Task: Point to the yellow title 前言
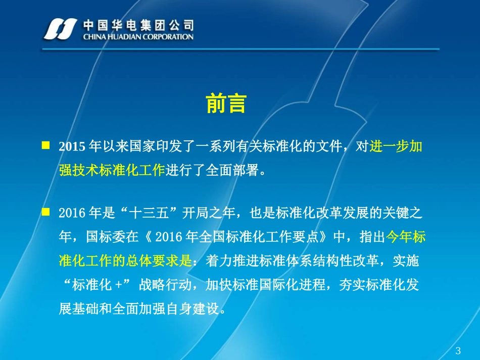(226, 104)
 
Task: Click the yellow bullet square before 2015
(45, 145)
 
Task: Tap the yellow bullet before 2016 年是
(45, 212)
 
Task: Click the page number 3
(458, 351)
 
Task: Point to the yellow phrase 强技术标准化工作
(112, 171)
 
